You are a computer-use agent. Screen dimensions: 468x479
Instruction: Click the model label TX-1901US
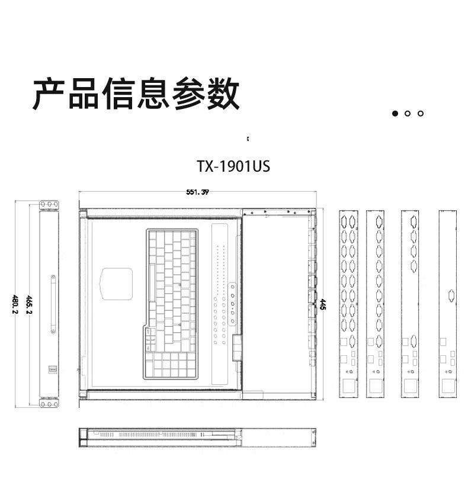coord(233,166)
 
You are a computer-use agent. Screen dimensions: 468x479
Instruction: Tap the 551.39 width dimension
coord(197,192)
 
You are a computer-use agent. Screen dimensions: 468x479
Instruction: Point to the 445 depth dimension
coord(323,304)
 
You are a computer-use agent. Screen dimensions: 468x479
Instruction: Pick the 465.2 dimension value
coord(28,304)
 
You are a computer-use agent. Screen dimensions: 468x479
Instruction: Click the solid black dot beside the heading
coord(395,113)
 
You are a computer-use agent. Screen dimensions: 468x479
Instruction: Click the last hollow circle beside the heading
coord(421,113)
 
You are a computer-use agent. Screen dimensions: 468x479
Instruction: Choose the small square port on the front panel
coord(52,370)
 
